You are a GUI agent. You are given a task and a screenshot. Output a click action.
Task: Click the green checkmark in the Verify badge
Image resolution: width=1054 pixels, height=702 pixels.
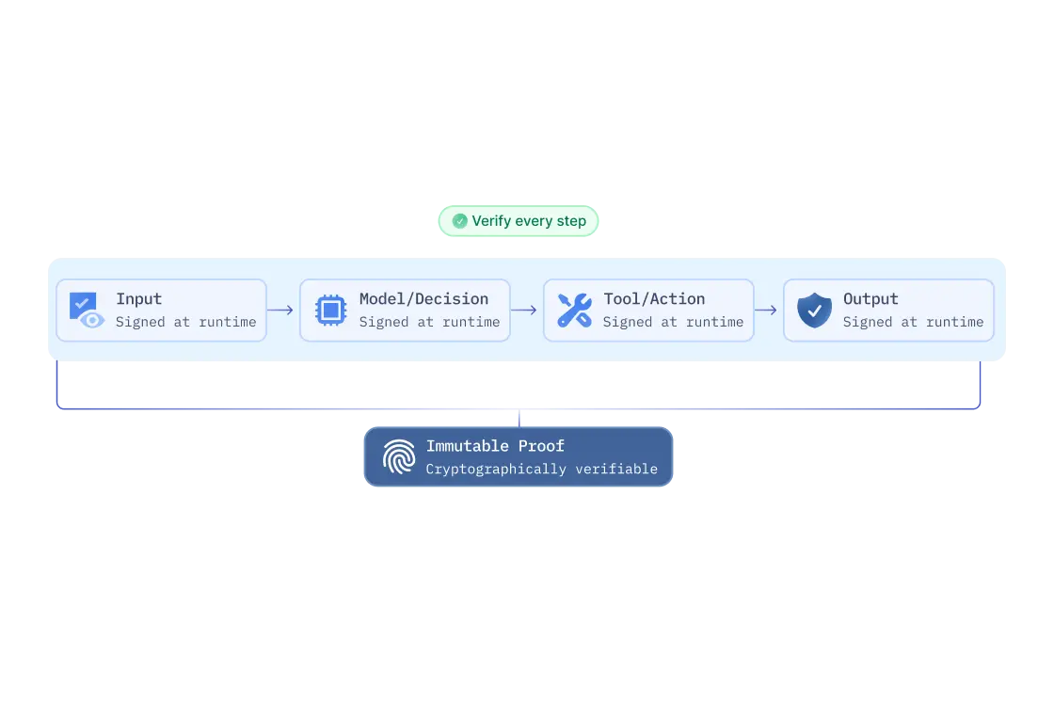[x=459, y=221]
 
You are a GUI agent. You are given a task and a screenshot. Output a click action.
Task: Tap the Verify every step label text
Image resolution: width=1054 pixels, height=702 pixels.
[x=529, y=221]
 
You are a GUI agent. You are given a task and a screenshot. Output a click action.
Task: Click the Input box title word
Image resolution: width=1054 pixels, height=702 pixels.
[x=139, y=299]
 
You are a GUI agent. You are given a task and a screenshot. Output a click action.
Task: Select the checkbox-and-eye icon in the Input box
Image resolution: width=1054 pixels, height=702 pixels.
[x=86, y=310]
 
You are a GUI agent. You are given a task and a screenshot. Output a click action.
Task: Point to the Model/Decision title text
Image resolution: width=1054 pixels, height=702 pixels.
[x=423, y=299]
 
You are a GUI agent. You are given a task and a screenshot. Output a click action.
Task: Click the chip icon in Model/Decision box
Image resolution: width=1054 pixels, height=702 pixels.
[x=330, y=310]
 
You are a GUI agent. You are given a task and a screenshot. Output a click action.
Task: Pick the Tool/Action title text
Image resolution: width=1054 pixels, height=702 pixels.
[x=654, y=299]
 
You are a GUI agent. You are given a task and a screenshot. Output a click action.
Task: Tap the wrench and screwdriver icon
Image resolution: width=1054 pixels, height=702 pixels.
[x=574, y=310]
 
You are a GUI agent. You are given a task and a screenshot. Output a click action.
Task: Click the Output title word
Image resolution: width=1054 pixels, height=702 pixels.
[x=870, y=299]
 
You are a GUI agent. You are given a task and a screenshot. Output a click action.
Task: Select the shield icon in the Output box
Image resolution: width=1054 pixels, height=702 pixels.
[x=814, y=310]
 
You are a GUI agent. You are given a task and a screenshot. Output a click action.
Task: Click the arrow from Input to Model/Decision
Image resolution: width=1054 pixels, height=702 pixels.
[x=280, y=310]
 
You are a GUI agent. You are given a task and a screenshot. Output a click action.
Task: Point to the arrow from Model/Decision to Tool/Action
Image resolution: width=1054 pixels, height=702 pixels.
[x=524, y=310]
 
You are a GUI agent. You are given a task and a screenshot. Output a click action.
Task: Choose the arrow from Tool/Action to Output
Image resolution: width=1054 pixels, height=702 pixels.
[x=766, y=310]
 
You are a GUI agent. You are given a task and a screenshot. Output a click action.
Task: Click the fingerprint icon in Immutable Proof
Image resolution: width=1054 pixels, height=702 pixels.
[x=399, y=457]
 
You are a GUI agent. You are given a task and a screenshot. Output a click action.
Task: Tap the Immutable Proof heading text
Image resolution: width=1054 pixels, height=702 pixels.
[x=495, y=446]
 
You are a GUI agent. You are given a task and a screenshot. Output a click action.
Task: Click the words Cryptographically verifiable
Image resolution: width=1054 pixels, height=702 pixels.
[x=541, y=469]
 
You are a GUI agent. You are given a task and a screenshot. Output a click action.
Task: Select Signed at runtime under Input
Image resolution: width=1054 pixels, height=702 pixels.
[x=185, y=322]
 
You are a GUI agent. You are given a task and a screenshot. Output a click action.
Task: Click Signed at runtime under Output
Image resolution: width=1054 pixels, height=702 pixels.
[x=913, y=322]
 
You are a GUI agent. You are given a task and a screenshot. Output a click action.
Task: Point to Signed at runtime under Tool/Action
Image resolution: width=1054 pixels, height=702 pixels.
[x=673, y=322]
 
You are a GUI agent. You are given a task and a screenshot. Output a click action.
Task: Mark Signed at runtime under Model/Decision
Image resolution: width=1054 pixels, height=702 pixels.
[x=429, y=322]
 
